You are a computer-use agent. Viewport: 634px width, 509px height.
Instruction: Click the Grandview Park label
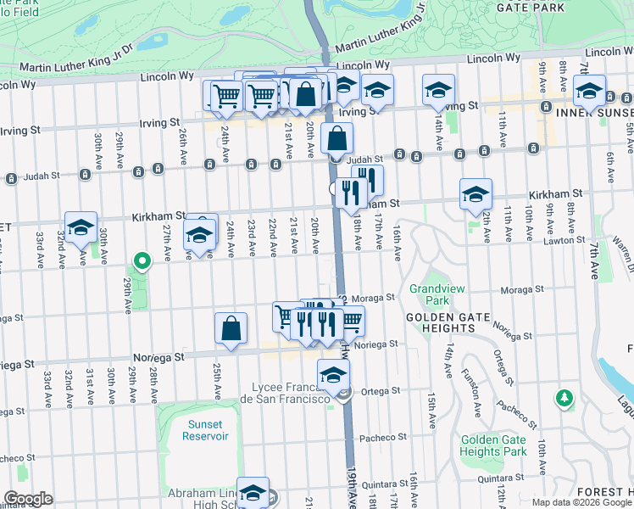click(x=437, y=294)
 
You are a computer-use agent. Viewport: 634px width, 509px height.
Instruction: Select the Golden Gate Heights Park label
click(x=493, y=445)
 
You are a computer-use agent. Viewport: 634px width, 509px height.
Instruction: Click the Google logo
click(x=27, y=499)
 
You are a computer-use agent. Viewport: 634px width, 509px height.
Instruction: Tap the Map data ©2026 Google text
click(x=581, y=502)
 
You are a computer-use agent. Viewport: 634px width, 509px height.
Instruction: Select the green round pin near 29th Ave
click(x=143, y=262)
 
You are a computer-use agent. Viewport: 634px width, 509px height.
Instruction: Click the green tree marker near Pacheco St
click(x=564, y=397)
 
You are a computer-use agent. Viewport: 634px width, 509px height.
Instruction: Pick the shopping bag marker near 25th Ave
click(x=231, y=328)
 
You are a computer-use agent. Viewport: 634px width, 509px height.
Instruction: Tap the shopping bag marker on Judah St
click(x=336, y=138)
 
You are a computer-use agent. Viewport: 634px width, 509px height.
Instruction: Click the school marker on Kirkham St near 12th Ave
click(x=476, y=194)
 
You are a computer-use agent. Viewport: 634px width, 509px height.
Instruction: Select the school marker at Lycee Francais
click(x=334, y=374)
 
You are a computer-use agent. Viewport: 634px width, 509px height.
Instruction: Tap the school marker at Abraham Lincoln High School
click(x=253, y=492)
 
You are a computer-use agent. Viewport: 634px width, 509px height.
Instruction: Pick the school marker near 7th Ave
click(x=589, y=91)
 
